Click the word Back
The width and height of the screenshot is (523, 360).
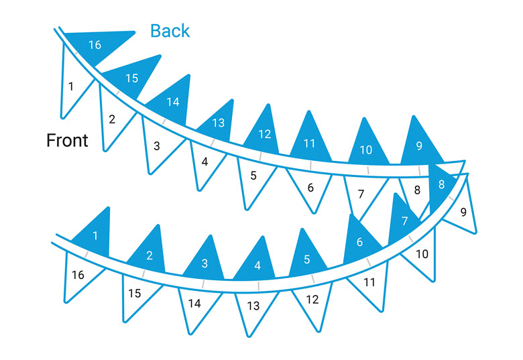[x=170, y=31]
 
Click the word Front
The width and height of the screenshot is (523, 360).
[x=67, y=140]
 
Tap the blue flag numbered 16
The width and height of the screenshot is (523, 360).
[x=97, y=45]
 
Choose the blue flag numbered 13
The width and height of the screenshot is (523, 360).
[x=217, y=122]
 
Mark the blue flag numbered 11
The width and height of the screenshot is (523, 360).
[x=310, y=140]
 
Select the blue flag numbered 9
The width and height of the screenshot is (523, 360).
[x=420, y=144]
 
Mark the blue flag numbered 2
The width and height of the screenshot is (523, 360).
[x=149, y=253]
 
